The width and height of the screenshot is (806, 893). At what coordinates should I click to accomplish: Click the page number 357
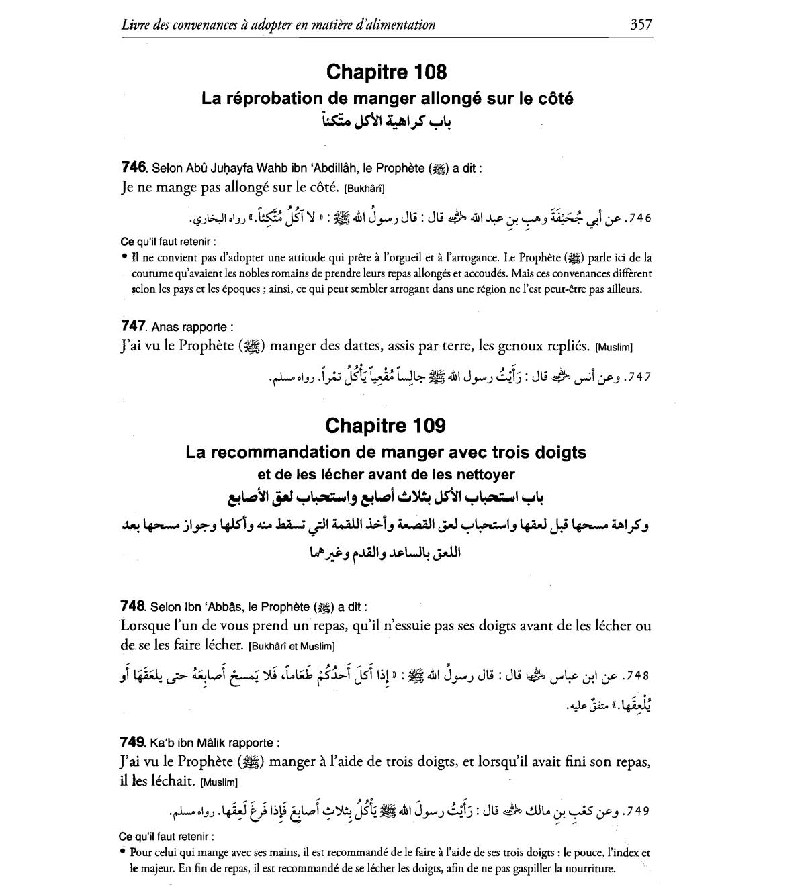pyautogui.click(x=641, y=25)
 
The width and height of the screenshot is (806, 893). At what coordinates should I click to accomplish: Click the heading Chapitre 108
pyautogui.click(x=386, y=72)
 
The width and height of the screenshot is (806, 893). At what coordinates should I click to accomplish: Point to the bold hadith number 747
pyautogui.click(x=133, y=326)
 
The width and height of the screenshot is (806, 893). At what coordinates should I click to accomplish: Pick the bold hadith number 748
pyautogui.click(x=132, y=606)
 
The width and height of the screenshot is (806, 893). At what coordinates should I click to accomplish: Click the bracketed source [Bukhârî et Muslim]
pyautogui.click(x=291, y=646)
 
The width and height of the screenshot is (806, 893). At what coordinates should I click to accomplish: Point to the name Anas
pyautogui.click(x=166, y=327)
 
